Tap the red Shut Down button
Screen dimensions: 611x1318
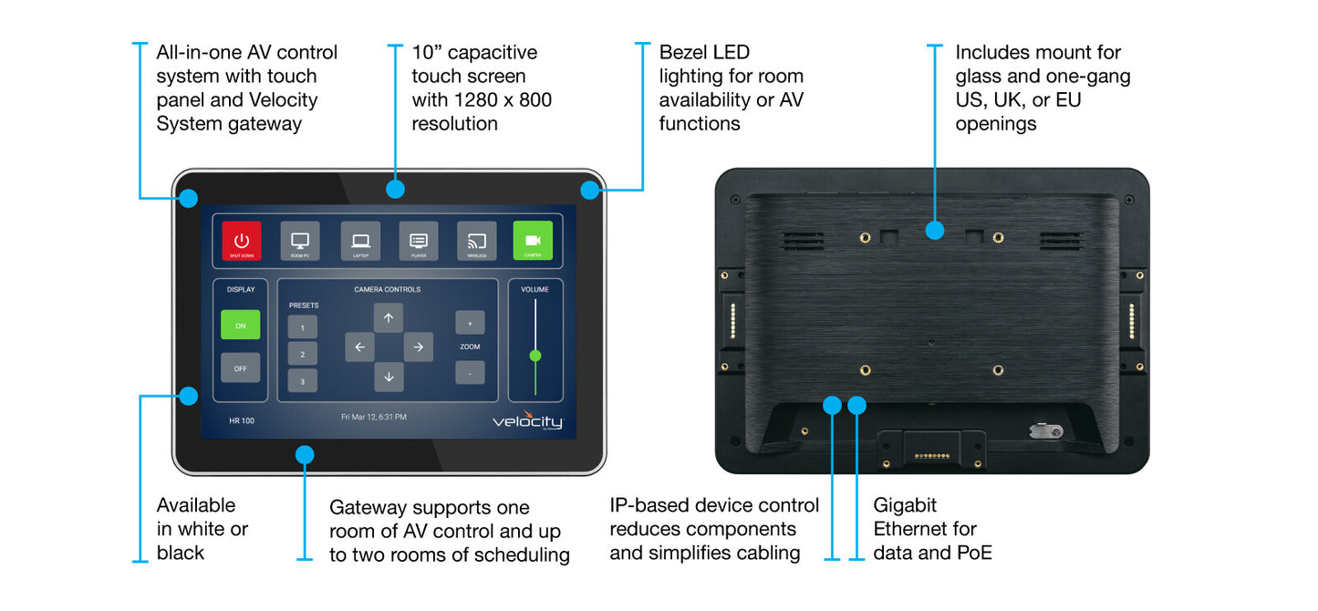click(241, 242)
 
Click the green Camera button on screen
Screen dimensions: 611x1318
click(533, 242)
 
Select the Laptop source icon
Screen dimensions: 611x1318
click(360, 242)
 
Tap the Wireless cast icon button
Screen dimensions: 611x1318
click(477, 242)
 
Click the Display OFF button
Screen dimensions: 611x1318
click(240, 368)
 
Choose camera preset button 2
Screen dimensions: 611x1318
click(303, 354)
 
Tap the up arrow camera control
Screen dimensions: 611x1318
click(388, 317)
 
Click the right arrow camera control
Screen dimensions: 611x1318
click(418, 347)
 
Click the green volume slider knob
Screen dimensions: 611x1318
click(535, 356)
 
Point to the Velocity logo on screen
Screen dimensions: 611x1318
click(528, 421)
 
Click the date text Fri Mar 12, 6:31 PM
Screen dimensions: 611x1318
click(374, 417)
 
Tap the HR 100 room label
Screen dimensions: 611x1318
click(242, 420)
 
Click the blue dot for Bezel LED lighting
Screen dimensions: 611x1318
click(590, 190)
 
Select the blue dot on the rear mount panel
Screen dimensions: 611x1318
click(934, 230)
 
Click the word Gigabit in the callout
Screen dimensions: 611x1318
click(905, 505)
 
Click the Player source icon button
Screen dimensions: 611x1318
click(419, 242)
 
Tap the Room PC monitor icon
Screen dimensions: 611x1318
click(299, 242)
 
